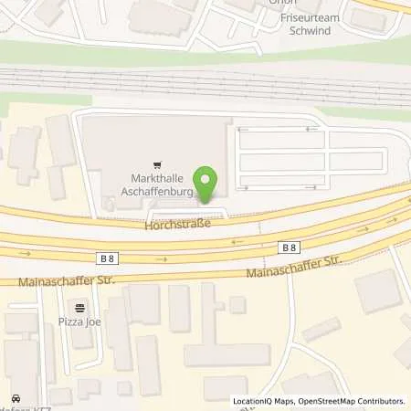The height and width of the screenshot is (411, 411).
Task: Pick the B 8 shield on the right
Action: coord(289,247)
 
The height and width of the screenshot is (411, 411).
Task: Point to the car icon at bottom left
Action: coord(16,398)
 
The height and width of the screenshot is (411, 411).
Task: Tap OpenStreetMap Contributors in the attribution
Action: coord(352,401)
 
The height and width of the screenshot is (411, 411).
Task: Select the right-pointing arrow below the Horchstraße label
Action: coord(163,258)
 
